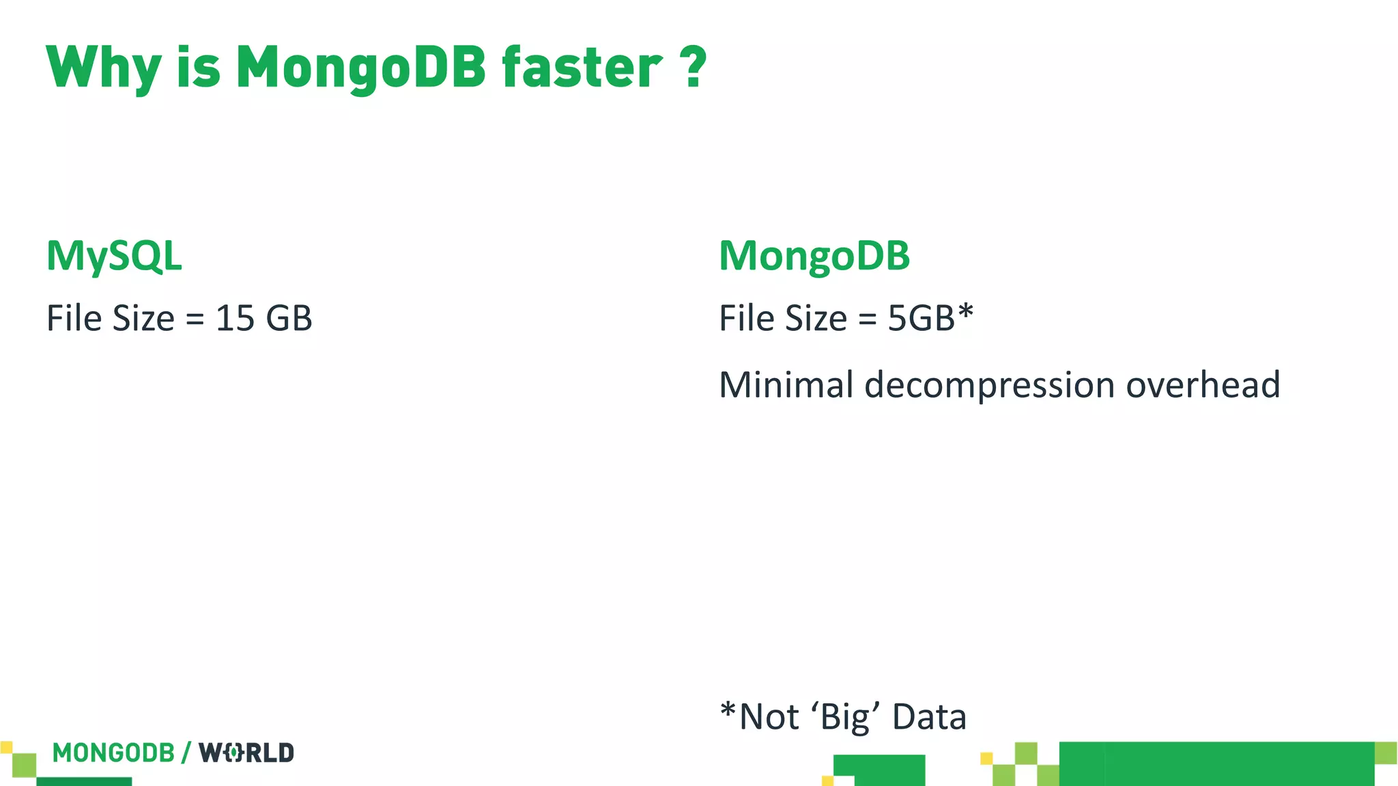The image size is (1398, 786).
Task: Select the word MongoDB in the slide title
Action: point(360,68)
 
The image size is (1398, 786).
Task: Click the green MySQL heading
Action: point(114,257)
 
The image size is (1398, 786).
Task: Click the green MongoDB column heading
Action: point(814,257)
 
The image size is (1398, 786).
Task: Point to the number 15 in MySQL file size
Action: point(235,319)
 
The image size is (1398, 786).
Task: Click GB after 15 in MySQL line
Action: point(289,319)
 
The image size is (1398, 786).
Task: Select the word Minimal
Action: point(786,385)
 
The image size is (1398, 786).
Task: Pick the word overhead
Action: point(1203,385)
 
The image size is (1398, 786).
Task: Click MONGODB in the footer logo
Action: point(113,753)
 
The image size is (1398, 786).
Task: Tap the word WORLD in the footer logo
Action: point(246,753)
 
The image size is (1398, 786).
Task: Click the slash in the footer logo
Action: point(186,753)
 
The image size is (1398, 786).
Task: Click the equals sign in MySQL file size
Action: point(195,319)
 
